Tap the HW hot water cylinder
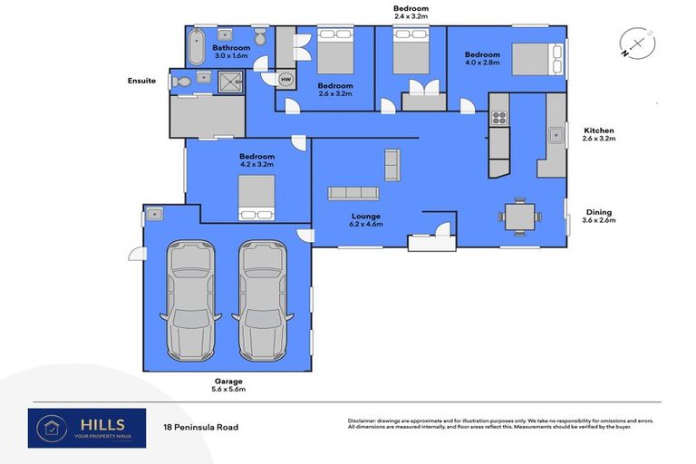point(286,79)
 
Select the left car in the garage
point(190,299)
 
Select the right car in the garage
point(263,299)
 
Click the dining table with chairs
point(520,217)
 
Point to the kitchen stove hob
point(498,118)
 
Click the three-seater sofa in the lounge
point(353,193)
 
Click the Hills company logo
point(86,427)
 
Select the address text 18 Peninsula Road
point(201,427)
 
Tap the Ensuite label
point(141,82)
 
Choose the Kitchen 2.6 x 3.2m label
point(599,135)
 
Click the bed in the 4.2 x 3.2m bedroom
point(256,198)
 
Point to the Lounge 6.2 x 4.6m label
point(366,220)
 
